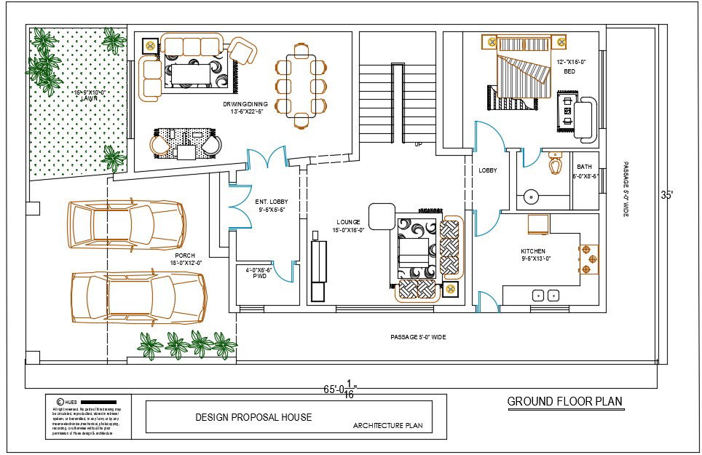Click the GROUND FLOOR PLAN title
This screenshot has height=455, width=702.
pos(564,401)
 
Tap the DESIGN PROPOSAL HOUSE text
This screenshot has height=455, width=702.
pos(253,417)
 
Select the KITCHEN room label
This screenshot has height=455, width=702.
pos(532,251)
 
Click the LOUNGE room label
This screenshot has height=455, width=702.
pos(348,222)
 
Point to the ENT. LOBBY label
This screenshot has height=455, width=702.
pos(269,201)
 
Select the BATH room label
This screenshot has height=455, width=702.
pos(584,167)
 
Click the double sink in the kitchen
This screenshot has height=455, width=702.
pos(546,296)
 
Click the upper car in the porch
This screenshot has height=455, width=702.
pos(126,226)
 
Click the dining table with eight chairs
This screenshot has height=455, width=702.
pos(301,85)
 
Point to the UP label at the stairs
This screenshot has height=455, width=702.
pos(417,144)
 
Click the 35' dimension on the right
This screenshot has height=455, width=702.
pos(667,195)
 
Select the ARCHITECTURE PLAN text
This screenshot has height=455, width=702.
pos(387,425)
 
